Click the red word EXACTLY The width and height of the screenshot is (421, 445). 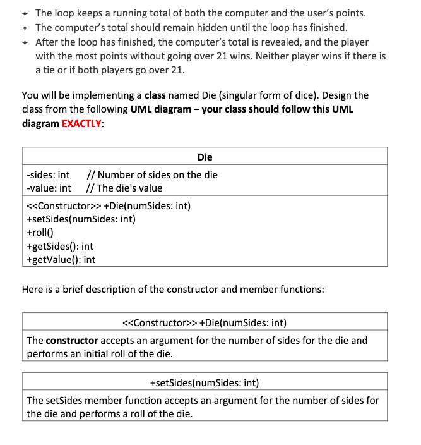82,124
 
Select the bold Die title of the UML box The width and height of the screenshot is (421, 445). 205,157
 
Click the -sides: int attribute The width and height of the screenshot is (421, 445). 49,175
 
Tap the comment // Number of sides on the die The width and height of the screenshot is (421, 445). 151,175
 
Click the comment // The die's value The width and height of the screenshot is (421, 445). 124,188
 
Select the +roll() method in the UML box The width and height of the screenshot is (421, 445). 40,232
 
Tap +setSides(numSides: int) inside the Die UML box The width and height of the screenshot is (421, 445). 81,219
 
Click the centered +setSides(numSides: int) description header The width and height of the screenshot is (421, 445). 205,382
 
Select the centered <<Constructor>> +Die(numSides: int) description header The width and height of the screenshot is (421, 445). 205,323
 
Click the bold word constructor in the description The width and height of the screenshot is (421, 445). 71,341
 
